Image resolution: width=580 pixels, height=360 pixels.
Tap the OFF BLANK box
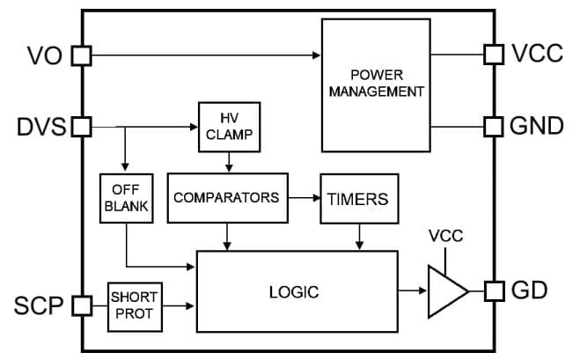pos(126,197)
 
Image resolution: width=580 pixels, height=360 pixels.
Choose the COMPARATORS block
pos(226,197)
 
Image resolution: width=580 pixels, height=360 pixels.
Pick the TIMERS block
pos(358,199)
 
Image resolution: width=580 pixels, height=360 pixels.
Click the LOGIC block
pos(294,291)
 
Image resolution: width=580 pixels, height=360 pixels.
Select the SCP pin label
pos(37,305)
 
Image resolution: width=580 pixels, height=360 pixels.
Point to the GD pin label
pos(529,290)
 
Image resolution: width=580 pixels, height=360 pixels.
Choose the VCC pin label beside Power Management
pos(537,55)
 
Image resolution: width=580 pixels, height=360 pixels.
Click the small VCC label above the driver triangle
pos(445,236)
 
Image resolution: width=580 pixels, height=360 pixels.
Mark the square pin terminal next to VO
pos(81,56)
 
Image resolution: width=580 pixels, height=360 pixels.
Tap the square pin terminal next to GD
pos(494,290)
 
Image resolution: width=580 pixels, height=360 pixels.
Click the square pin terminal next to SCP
pos(81,305)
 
